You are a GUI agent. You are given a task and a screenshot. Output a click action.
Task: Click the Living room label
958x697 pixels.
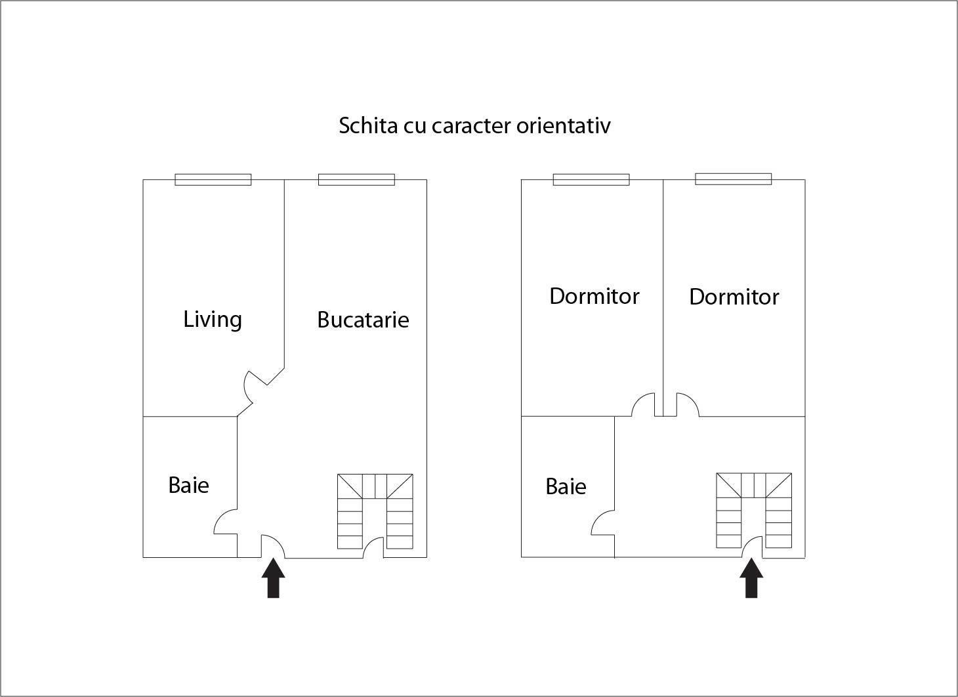(213, 320)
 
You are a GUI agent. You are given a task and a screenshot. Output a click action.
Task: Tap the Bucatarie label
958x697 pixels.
(363, 320)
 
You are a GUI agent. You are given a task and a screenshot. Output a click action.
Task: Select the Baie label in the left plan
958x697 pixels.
(189, 485)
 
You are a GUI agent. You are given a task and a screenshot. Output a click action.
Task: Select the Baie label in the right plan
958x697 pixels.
(566, 486)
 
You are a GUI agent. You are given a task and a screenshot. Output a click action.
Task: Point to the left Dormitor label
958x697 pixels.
(594, 296)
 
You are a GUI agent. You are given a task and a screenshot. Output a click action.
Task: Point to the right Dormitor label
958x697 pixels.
(734, 297)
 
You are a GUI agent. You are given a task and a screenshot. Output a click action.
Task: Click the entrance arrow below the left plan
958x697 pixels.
(274, 578)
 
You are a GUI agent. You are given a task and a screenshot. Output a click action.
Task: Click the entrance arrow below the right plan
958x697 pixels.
(751, 578)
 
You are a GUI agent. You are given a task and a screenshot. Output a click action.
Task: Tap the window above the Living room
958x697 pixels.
(213, 179)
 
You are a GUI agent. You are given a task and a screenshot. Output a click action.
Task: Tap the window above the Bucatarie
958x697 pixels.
(356, 179)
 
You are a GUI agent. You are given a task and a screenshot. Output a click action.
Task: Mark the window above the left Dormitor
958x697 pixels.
(591, 179)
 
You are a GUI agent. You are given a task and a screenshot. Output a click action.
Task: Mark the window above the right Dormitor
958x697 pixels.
(733, 179)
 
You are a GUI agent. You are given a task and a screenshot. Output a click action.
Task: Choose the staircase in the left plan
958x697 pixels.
(375, 511)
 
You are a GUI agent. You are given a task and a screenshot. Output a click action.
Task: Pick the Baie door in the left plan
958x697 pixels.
(226, 522)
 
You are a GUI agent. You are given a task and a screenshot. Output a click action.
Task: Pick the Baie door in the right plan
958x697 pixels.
(604, 524)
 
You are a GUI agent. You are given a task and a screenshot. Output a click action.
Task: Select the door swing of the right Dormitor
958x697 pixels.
(687, 405)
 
